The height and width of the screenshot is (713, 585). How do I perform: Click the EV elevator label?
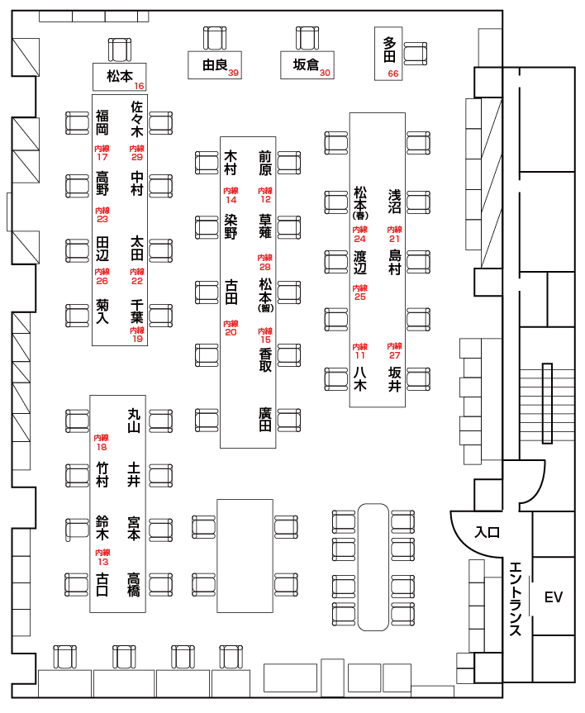553,597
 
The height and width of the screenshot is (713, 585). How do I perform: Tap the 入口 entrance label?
487,532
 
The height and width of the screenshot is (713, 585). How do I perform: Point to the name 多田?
390,50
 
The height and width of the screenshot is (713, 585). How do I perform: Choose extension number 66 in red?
392,74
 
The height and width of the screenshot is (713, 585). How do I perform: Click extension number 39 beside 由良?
234,74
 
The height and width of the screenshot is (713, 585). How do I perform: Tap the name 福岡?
102,122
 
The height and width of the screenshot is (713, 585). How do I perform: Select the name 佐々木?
137,118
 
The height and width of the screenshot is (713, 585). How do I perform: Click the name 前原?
264,163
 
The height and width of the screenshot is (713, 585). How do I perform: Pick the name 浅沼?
395,202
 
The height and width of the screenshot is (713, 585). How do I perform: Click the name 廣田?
264,419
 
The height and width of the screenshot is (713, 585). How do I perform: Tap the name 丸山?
135,421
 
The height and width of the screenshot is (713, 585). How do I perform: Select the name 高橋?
134,583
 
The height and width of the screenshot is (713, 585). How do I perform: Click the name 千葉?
137,311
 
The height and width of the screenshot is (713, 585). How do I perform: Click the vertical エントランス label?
515,598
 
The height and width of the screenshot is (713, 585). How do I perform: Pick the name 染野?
231,226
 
